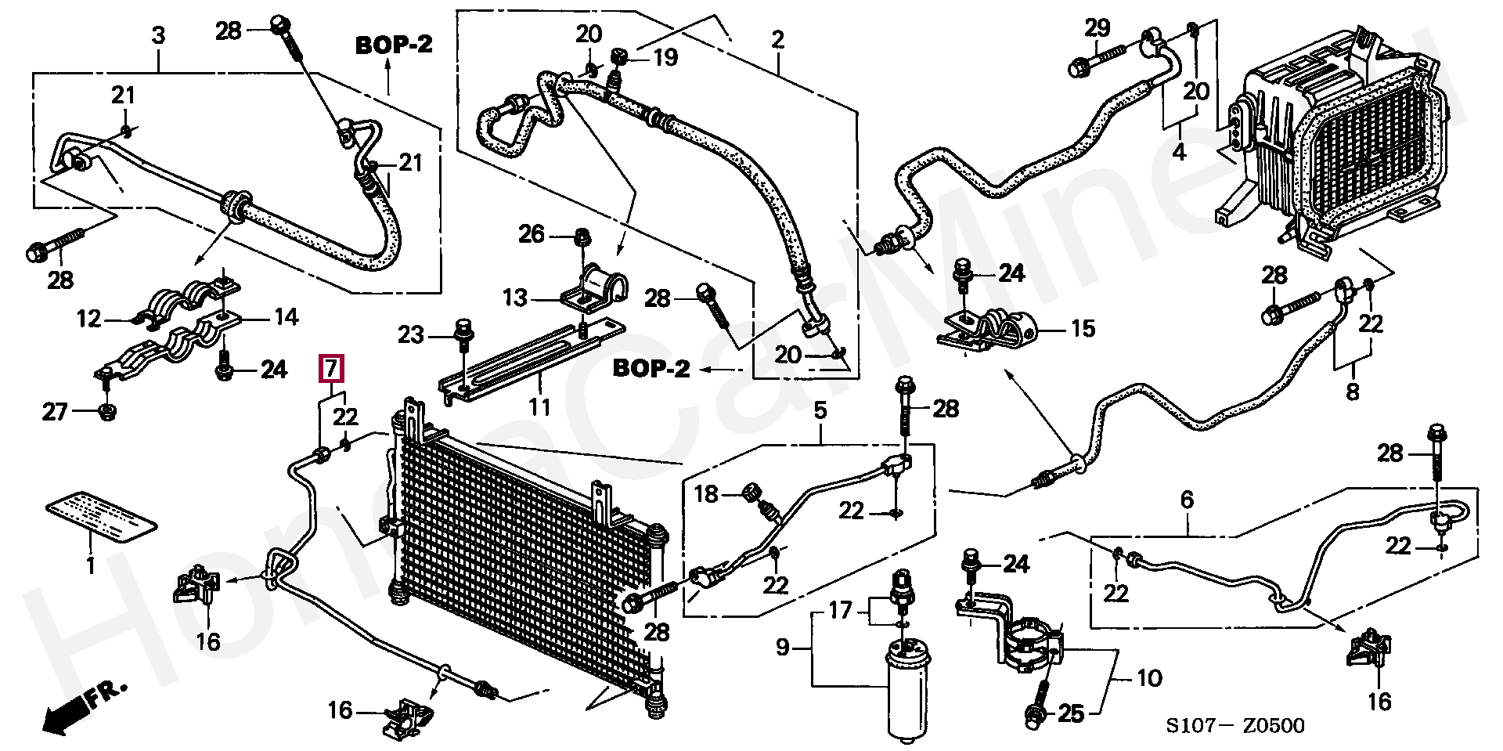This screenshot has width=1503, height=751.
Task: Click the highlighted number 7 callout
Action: [x=331, y=367]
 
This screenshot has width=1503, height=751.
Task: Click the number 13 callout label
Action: [x=515, y=298]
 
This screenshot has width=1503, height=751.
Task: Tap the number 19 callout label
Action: [x=665, y=57]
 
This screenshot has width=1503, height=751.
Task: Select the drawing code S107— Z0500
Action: [x=1236, y=727]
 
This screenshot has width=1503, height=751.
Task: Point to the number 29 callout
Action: [x=1097, y=28]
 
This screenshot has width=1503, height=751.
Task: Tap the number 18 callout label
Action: [x=706, y=493]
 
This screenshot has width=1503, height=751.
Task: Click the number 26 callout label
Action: [x=532, y=234]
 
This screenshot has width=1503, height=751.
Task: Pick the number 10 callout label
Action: [x=1148, y=677]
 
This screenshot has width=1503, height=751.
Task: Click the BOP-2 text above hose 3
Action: [x=394, y=45]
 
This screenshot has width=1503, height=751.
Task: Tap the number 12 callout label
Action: [x=90, y=319]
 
